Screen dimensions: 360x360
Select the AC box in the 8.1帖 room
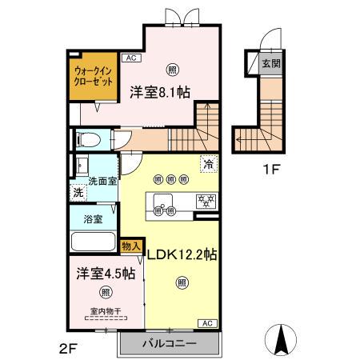coord(130,58)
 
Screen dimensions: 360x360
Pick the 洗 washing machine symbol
coord(78,193)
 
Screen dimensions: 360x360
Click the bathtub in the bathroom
coord(94,242)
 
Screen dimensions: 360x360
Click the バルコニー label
coord(169,343)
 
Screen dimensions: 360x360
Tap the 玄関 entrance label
coord(270,63)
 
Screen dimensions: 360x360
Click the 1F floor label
coord(272,169)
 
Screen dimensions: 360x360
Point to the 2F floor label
coord(67,348)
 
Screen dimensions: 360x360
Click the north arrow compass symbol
coord(282,339)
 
